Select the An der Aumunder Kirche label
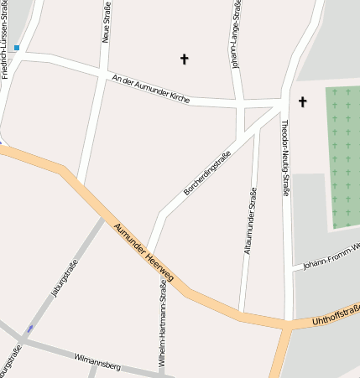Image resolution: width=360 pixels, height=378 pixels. point(151,89)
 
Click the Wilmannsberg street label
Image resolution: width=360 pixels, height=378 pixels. point(97,361)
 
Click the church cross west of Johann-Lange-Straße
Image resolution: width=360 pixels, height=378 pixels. point(185,59)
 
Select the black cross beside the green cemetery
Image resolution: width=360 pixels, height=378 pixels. point(303,102)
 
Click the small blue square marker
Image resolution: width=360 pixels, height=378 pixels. point(17,49)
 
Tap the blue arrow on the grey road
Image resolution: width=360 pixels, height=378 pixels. point(31,329)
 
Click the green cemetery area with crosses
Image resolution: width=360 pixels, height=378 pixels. point(342,155)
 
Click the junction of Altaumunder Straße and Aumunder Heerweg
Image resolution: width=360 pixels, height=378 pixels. point(243,316)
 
